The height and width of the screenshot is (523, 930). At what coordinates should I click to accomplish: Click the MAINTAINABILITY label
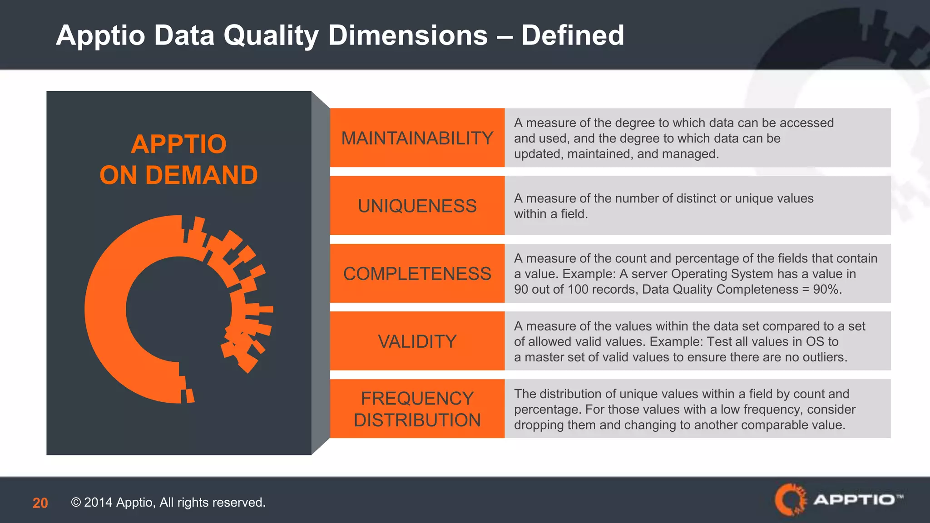coord(417,138)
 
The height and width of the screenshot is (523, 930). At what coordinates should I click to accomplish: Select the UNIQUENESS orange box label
coord(417,206)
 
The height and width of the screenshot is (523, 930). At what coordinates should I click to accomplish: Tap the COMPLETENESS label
coord(417,274)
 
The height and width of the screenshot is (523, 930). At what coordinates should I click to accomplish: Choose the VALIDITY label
coord(417,341)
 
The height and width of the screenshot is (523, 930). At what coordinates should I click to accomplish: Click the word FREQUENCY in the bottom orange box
coord(417,399)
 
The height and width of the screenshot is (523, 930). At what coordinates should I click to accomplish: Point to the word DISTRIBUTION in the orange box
coord(417,420)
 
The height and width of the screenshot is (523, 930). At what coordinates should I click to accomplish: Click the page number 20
coord(40,503)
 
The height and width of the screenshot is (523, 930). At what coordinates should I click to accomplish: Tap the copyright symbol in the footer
coord(76,503)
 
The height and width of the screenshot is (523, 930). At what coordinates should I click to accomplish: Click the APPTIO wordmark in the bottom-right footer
coord(854,500)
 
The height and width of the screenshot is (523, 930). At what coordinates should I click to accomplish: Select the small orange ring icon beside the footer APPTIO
coord(791,499)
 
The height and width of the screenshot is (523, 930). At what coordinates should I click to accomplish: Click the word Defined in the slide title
coord(573,35)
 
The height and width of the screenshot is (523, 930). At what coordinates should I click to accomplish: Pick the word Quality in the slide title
coord(271,35)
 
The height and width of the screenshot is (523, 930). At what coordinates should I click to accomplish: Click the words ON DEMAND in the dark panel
coord(178,175)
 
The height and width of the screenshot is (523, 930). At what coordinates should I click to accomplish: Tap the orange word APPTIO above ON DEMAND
coord(178,144)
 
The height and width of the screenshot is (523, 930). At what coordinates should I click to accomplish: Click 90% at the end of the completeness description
coord(827,289)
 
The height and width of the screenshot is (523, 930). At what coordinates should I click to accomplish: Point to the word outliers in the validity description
coord(824,357)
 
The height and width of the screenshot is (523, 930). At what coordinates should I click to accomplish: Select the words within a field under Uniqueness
coord(550,214)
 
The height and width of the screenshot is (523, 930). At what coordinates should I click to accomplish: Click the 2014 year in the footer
coord(98,503)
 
